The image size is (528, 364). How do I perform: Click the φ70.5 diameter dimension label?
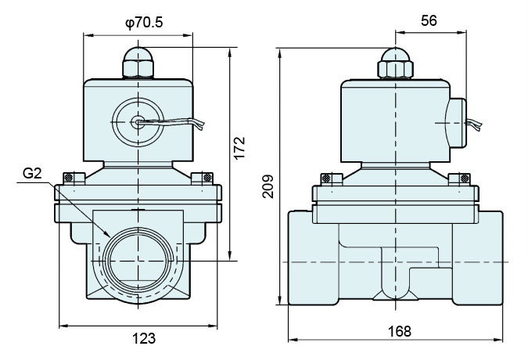coord(144,23)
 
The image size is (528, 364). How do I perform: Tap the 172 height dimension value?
coord(240,148)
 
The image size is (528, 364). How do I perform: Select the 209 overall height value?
coord(268,186)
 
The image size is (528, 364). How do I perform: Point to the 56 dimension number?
coord(429,20)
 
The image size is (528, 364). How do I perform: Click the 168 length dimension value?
coord(400,331)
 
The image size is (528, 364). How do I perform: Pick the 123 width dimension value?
coord(144,338)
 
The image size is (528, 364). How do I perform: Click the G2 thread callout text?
coord(32,173)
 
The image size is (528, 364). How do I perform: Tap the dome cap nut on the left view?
coord(138,63)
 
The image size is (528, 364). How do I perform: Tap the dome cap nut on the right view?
coord(395,63)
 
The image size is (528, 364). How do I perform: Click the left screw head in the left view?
coord(68,178)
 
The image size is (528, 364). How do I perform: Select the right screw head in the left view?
coord(208,177)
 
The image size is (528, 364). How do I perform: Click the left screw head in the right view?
coord(325,178)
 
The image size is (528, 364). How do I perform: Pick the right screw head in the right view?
coord(465,178)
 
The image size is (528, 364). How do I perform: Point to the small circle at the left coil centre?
coord(138,122)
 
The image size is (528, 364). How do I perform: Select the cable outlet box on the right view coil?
coord(456,123)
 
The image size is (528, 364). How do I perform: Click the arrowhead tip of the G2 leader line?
coord(110,236)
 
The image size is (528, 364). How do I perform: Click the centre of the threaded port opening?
coord(138,261)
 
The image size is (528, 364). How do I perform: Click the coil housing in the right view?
coord(395,121)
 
